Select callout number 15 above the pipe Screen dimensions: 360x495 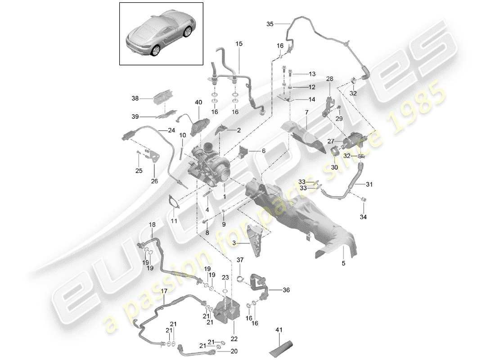(x=238, y=44)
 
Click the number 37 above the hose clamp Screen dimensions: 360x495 (x=240, y=260)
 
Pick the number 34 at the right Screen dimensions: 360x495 (x=363, y=217)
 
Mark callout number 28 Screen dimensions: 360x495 (x=330, y=79)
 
